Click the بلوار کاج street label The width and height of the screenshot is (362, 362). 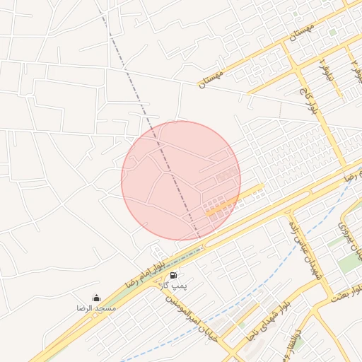311,103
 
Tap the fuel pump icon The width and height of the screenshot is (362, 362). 174,274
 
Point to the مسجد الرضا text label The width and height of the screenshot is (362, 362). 97,309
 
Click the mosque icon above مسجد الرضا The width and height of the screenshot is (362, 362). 96,298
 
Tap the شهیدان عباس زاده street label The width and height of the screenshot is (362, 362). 305,247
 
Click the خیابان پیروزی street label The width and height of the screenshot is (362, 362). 349,239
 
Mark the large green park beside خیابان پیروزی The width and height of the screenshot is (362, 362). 347,263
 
